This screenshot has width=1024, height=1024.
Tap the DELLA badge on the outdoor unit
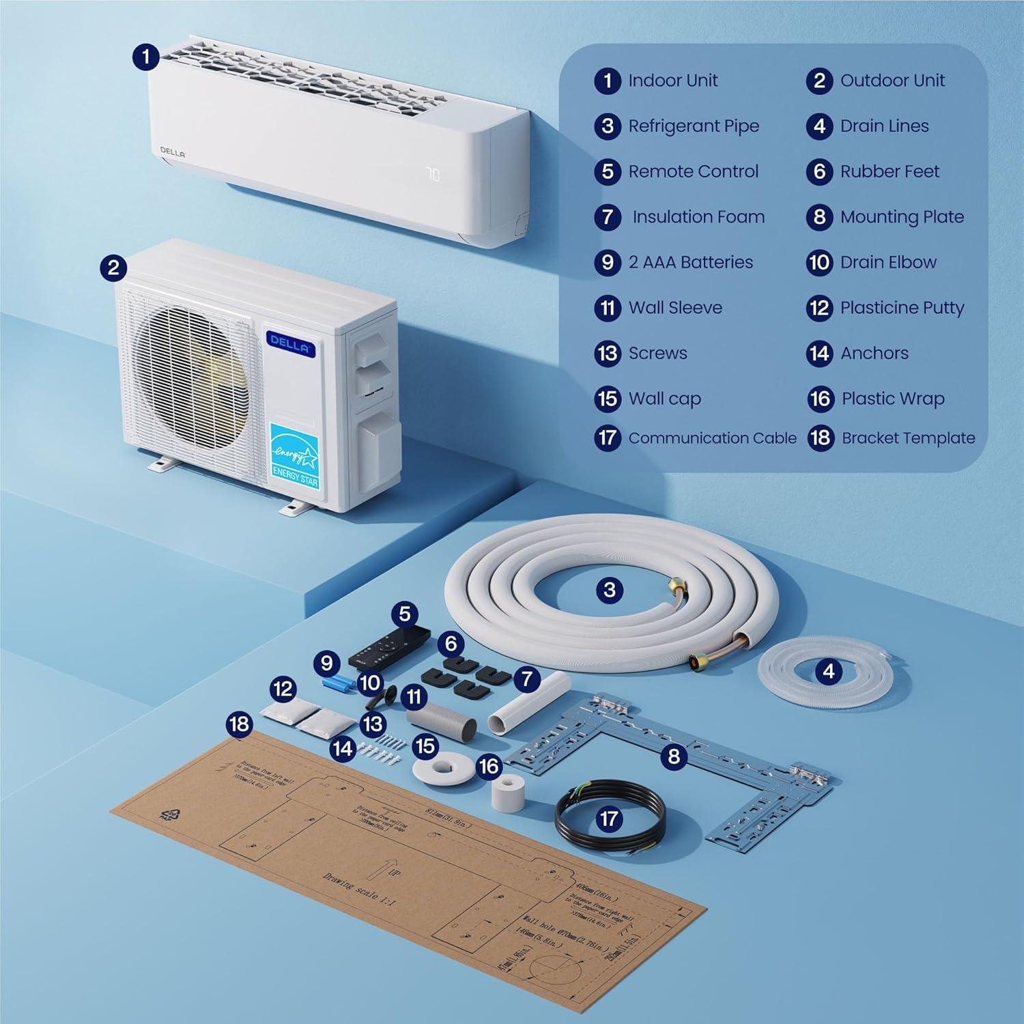(290, 342)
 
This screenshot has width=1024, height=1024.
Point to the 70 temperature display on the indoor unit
(433, 175)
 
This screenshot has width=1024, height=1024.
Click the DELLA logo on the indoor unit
(173, 152)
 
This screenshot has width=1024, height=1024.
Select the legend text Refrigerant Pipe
(693, 126)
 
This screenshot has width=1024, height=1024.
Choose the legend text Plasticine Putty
(902, 308)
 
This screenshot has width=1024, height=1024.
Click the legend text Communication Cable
(712, 438)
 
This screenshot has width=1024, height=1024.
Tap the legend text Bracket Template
(908, 438)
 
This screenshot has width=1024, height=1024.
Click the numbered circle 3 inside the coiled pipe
(610, 590)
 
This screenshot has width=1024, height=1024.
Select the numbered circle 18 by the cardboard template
(239, 724)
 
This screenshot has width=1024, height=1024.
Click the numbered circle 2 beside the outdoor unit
(113, 267)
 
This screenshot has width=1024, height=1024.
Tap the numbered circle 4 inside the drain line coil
(828, 672)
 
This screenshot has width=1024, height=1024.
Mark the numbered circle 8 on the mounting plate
(674, 756)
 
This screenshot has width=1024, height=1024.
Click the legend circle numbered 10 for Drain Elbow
(819, 263)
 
